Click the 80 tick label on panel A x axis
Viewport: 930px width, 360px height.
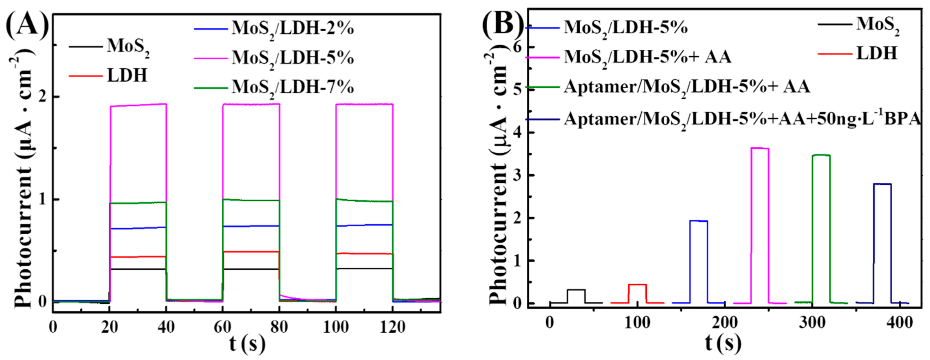coord(279,327)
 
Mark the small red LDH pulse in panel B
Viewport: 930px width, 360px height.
coord(637,285)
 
